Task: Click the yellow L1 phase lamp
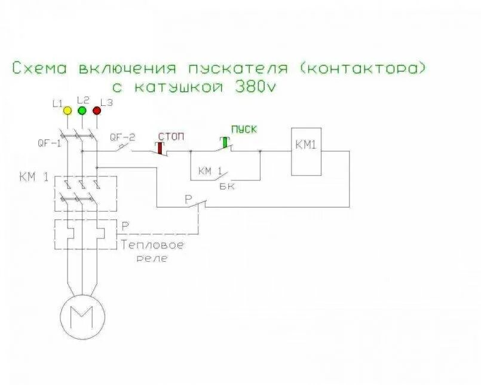pos(68,111)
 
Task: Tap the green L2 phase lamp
pos(82,111)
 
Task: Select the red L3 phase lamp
pos(97,111)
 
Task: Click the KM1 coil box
pos(306,151)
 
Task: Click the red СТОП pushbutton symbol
pos(161,147)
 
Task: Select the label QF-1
pos(48,143)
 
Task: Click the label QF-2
pos(122,136)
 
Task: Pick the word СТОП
pos(171,136)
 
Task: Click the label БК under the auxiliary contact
pos(228,187)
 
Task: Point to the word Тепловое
pos(152,245)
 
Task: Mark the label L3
pos(107,102)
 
